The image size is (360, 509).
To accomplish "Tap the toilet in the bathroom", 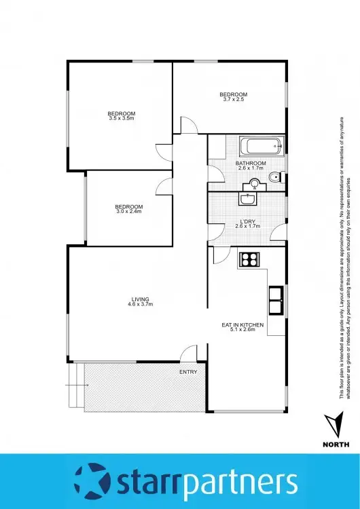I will [x=274, y=178].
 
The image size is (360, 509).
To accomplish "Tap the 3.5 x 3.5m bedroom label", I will [x=122, y=115].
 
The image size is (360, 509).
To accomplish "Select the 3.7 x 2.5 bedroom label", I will [x=232, y=97].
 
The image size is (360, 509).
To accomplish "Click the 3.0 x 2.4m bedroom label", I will [x=128, y=209].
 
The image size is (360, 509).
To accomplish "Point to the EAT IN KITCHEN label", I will [x=242, y=328].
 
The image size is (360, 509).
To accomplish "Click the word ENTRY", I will [x=188, y=372].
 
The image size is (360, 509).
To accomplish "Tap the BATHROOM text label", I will [x=251, y=164].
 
